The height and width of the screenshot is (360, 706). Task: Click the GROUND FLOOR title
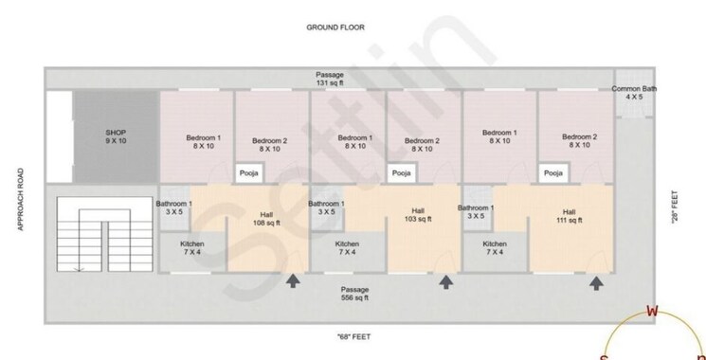(x=335, y=27)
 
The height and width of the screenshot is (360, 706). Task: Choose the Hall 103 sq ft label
(x=418, y=215)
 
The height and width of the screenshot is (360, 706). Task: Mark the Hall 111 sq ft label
(x=569, y=216)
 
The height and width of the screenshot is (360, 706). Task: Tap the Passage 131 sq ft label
(x=330, y=79)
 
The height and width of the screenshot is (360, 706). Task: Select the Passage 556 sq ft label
(x=355, y=293)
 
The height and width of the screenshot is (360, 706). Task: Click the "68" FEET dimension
(x=353, y=336)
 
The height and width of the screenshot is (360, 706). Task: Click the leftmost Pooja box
(x=249, y=173)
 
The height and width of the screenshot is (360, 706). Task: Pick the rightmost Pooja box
(x=552, y=173)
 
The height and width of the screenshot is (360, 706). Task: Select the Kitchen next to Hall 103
(x=348, y=247)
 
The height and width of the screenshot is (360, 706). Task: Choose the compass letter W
(x=651, y=311)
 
